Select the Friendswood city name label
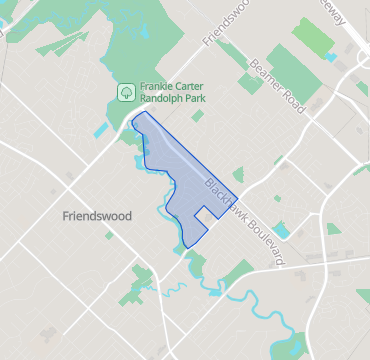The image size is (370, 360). [x=96, y=216]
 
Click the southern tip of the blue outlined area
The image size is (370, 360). [x=188, y=246]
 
